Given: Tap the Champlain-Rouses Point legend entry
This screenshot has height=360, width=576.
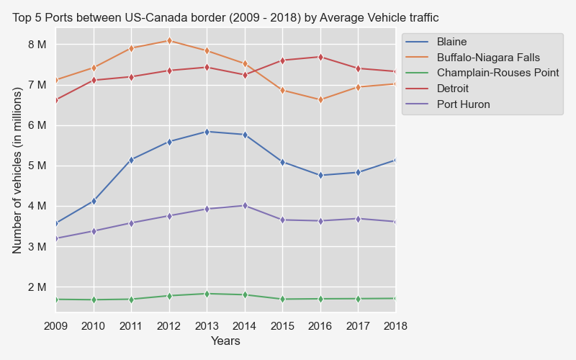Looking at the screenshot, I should tap(498, 73).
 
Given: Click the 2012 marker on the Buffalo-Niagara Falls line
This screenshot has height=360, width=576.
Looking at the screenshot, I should tap(169, 40).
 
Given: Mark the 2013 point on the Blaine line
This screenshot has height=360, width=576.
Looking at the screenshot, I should tap(207, 132).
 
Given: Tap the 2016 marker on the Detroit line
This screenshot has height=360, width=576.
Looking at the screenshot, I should tap(320, 57).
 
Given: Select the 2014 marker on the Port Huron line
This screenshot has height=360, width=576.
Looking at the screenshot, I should tap(245, 206).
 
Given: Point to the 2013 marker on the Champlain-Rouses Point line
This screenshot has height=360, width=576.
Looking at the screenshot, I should tap(207, 294).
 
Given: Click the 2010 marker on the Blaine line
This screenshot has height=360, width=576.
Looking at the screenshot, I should tap(94, 201).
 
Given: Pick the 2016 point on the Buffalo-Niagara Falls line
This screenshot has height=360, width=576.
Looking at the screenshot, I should tap(320, 100).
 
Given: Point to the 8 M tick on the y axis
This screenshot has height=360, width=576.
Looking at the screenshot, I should tap(37, 45).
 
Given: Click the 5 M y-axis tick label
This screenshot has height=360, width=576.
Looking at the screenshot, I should tap(37, 166).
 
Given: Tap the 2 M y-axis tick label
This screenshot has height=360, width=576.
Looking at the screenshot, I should tap(37, 287).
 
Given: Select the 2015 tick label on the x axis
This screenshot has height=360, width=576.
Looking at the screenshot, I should tap(282, 326).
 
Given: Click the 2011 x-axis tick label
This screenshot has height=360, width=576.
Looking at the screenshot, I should tap(131, 326).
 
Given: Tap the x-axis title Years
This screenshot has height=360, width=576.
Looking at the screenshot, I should tap(225, 341).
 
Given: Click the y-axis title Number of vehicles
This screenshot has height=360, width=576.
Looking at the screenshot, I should tap(18, 170).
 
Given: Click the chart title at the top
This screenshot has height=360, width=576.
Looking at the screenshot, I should tap(225, 17).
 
